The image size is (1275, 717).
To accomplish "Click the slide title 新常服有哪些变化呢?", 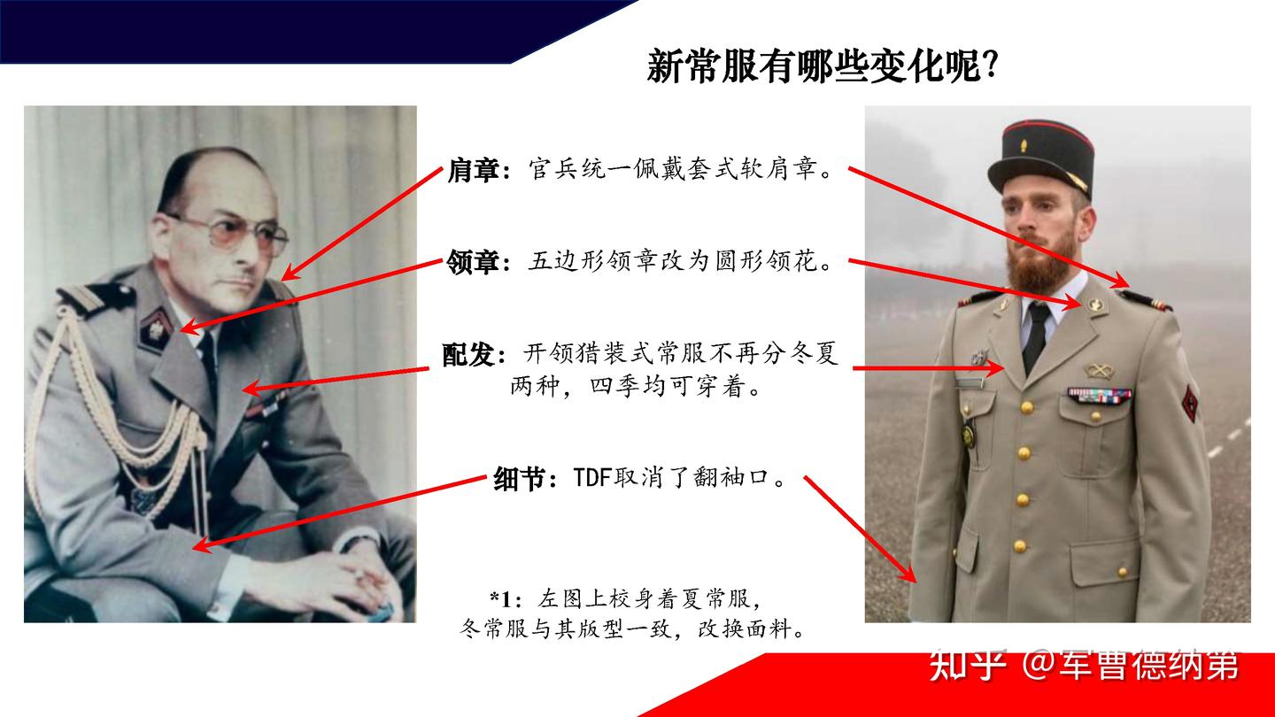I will [823, 66].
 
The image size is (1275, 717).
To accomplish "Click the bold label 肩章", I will [474, 170].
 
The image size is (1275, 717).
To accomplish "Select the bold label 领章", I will [474, 262].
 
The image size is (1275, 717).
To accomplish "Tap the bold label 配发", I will [474, 355].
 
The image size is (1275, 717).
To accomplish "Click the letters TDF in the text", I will [593, 479].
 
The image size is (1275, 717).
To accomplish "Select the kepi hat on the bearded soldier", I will [1041, 156].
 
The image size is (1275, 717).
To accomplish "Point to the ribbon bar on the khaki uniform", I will [1099, 395].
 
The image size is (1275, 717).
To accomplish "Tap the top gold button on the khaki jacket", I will [1027, 407].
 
